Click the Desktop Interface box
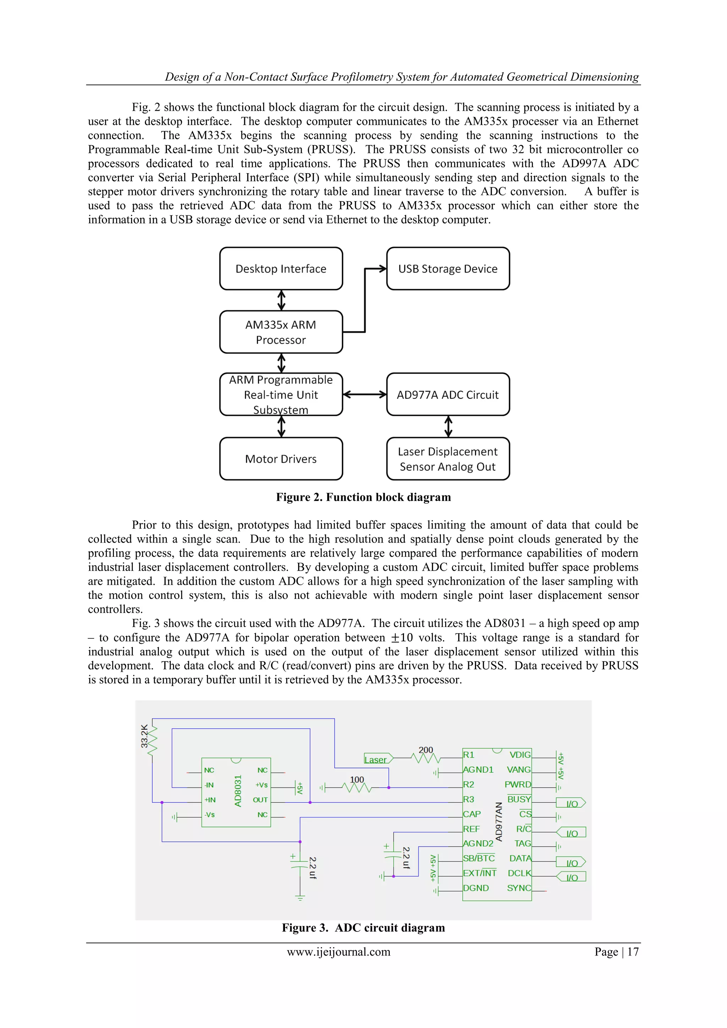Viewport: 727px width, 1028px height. point(281,269)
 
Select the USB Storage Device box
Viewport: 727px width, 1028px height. point(448,269)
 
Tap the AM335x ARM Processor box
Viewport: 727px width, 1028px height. point(281,332)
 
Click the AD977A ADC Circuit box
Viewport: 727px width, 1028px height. point(448,395)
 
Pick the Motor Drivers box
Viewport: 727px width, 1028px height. point(281,458)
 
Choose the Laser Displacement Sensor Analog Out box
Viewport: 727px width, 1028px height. point(448,458)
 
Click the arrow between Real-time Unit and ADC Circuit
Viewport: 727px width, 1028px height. point(365,395)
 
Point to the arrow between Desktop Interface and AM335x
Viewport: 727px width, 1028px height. point(281,300)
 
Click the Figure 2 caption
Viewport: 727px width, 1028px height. point(363,497)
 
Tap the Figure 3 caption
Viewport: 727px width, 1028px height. point(363,927)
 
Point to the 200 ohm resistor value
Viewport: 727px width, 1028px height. point(426,749)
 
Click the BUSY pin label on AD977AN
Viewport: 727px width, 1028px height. point(519,799)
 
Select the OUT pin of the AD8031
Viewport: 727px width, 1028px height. point(260,800)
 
